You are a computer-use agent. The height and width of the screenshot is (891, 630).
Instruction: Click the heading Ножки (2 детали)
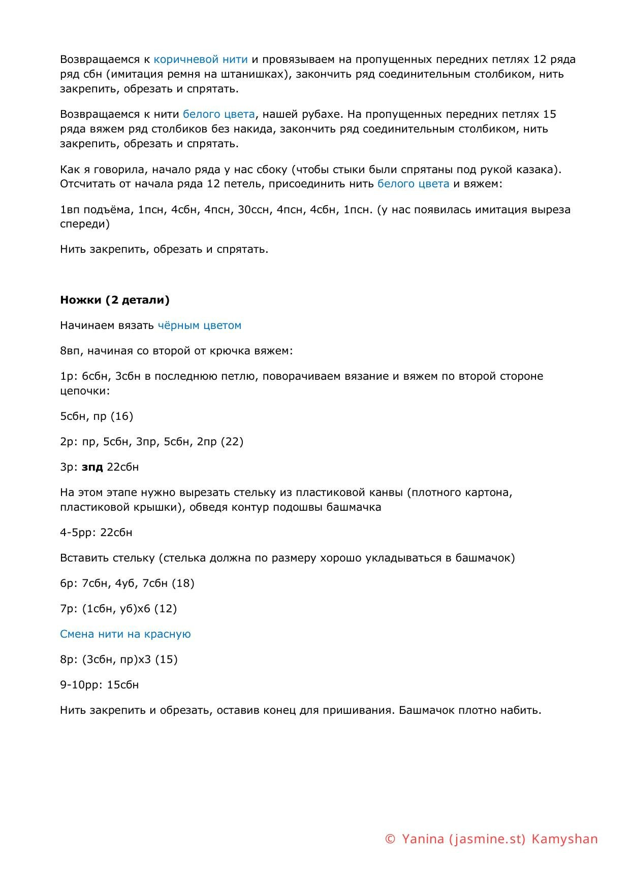click(115, 300)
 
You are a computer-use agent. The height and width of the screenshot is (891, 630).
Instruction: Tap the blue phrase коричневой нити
click(201, 59)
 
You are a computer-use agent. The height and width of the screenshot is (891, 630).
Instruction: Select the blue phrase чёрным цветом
click(200, 325)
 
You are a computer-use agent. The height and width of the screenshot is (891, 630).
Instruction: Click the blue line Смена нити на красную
click(125, 634)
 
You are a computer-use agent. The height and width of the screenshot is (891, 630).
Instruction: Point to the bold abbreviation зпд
click(92, 467)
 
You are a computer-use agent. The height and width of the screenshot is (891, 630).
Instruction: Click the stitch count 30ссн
click(254, 210)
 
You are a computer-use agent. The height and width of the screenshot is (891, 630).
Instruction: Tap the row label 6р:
click(69, 583)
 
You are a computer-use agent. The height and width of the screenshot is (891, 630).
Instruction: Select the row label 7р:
click(69, 609)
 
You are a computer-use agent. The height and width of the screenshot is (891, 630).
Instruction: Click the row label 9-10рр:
click(81, 685)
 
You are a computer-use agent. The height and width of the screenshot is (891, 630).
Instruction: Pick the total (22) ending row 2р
click(232, 442)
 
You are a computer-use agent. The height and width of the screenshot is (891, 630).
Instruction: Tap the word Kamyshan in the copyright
click(564, 839)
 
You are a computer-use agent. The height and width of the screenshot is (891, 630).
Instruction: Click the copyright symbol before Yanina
click(390, 839)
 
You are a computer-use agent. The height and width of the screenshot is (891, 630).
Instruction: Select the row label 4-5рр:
click(78, 533)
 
